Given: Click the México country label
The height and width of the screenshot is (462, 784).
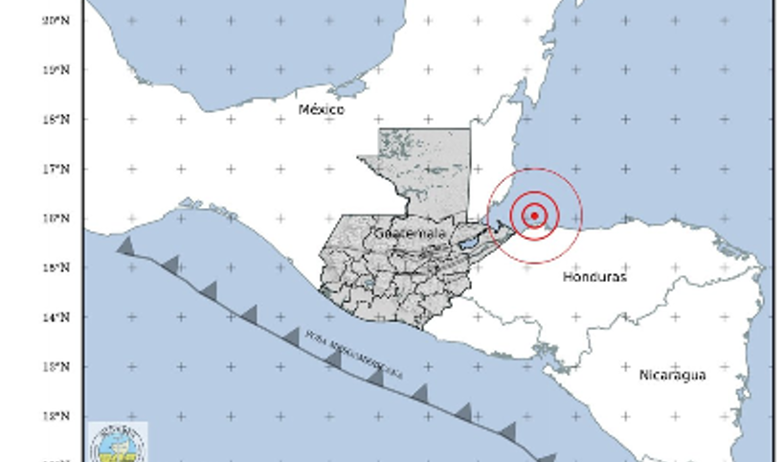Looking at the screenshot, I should coord(321,109).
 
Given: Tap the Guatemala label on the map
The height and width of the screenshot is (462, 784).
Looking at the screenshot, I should coord(410,234).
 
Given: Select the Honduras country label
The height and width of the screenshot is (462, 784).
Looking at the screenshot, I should coord(594,276).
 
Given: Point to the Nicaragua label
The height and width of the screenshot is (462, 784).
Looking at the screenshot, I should coord(672,375).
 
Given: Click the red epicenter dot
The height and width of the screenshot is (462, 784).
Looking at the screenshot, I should coord(534,216).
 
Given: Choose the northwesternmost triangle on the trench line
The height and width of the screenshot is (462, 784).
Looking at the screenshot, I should coord(125,246).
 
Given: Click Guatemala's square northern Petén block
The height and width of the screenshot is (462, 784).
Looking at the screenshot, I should coord(425,163).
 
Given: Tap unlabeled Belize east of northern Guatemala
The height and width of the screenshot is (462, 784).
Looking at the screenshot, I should coord(490,163).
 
